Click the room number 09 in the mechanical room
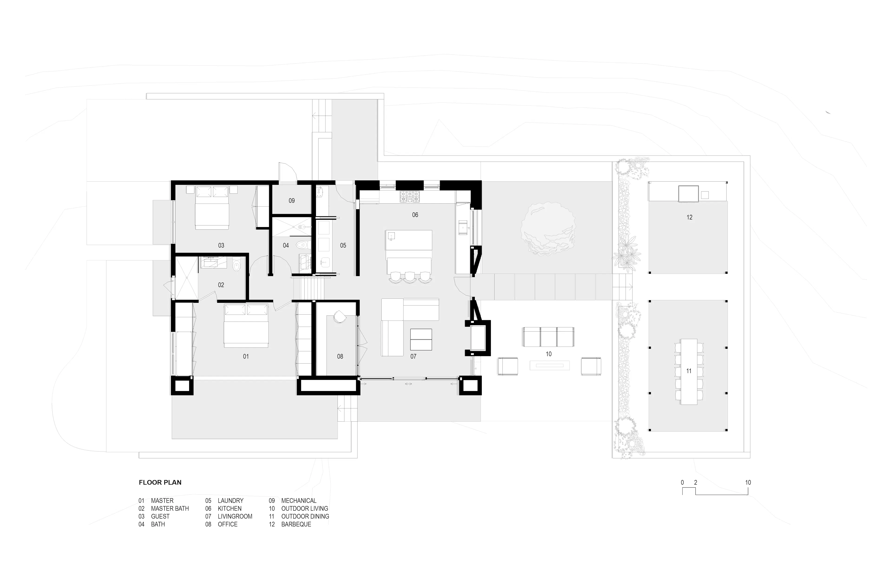(292, 201)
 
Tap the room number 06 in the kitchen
(415, 215)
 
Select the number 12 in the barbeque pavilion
(689, 217)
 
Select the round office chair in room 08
(340, 317)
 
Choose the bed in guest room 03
(212, 208)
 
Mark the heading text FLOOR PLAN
(160, 482)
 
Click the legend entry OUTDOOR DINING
(305, 516)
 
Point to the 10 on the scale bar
(748, 482)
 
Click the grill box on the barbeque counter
(688, 194)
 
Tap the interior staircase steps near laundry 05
(308, 288)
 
